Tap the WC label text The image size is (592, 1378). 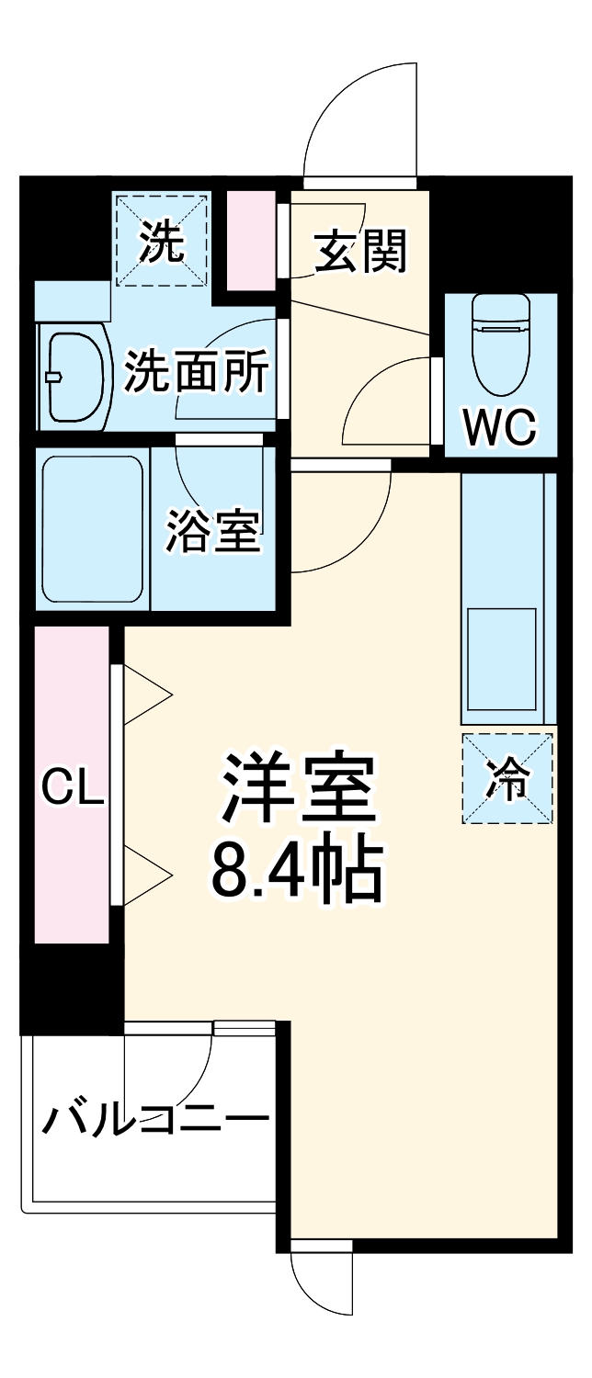pyautogui.click(x=499, y=426)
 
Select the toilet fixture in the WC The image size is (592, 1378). pyautogui.click(x=500, y=341)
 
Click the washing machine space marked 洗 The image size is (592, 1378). pyautogui.click(x=162, y=240)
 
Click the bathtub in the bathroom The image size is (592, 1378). pyautogui.click(x=92, y=528)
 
